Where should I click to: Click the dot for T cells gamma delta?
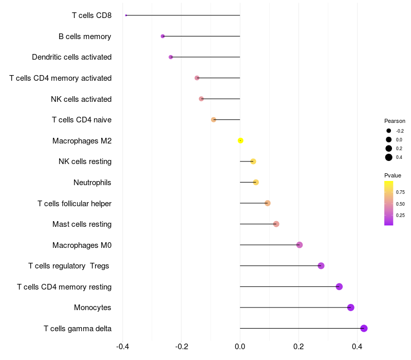[364, 328]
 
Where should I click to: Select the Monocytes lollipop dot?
[351, 308]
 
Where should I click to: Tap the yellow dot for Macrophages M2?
[240, 140]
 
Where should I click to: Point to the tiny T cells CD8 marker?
[126, 15]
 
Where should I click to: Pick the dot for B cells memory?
[163, 36]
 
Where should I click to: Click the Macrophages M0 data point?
[300, 245]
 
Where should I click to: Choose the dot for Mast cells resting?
[276, 224]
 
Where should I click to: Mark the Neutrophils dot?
[256, 182]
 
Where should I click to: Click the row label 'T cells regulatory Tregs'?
[69, 266]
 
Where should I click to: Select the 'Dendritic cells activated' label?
[71, 57]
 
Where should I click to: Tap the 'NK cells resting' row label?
[85, 161]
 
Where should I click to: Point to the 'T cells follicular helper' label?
[74, 203]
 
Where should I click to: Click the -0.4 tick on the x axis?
[122, 346]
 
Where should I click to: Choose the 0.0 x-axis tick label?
[240, 346]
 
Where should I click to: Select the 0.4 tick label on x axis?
[357, 346]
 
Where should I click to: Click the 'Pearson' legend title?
[395, 121]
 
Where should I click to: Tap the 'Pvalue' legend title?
[393, 175]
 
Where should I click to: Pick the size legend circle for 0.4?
[389, 157]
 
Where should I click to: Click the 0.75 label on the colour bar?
[400, 192]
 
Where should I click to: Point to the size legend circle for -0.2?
[389, 131]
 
